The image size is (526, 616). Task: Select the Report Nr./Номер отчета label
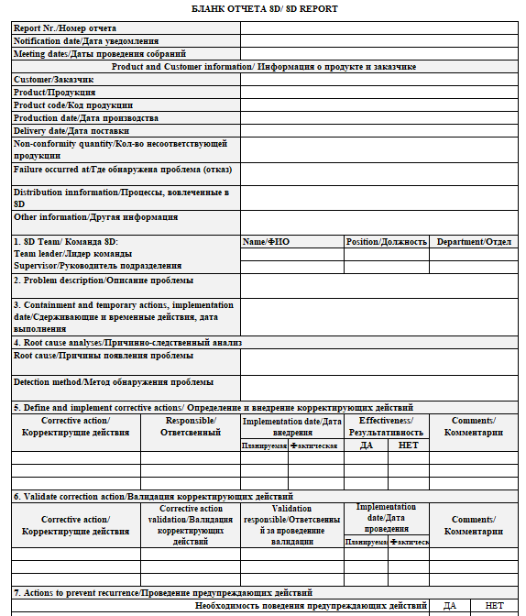tap(65, 28)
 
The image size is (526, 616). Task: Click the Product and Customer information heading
tap(264, 67)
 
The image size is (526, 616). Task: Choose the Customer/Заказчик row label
tap(54, 80)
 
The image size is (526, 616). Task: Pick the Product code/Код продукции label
tap(73, 105)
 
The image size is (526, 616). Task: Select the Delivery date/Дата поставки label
tap(71, 131)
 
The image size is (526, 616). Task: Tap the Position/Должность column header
tap(386, 242)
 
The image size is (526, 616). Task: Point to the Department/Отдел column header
tap(474, 242)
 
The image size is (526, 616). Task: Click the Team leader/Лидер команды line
tap(72, 254)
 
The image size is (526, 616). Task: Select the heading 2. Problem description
tap(103, 280)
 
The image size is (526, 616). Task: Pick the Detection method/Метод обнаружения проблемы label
tap(114, 381)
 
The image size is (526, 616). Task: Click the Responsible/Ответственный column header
tap(190, 425)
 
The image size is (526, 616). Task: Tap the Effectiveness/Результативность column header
tap(386, 425)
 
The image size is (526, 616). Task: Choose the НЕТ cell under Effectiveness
tap(407, 445)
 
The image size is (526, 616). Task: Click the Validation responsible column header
tap(291, 524)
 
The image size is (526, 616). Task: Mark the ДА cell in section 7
tap(449, 606)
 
